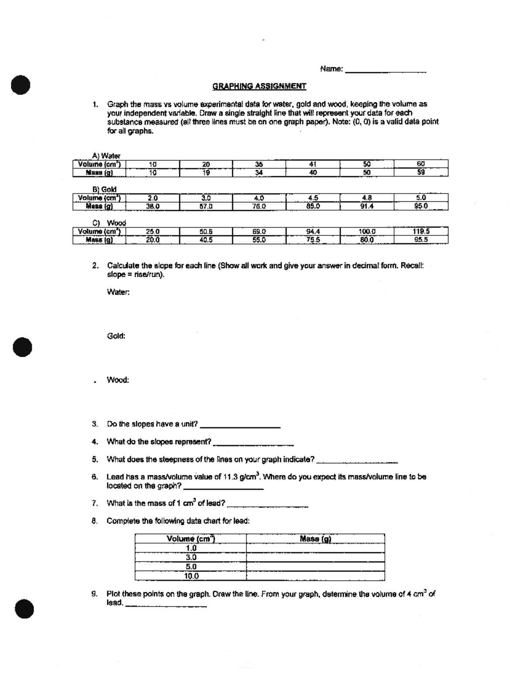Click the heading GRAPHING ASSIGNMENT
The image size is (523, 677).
259,86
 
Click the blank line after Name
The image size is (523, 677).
385,70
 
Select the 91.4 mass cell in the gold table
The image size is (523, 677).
367,206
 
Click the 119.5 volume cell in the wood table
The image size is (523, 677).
421,231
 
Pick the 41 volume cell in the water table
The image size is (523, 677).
312,164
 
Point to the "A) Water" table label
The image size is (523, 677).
106,156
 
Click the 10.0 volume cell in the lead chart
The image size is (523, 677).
191,576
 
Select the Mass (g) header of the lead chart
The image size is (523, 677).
316,539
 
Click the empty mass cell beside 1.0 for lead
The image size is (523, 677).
315,548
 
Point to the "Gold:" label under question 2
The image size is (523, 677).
116,336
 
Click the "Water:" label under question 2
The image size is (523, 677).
118,292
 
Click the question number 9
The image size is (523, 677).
94,594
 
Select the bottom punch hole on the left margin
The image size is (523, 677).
24,609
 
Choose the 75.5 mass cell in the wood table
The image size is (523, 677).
312,240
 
